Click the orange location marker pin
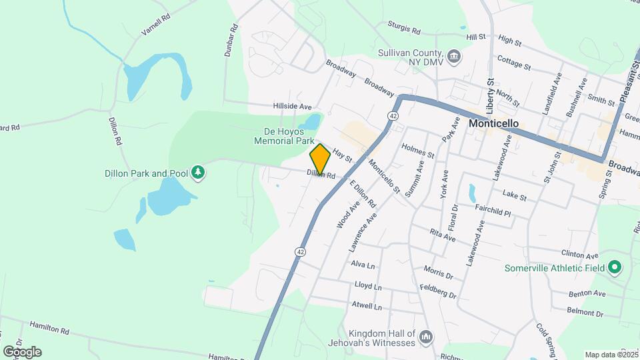coord(320,159)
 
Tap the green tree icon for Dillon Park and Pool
coord(197,173)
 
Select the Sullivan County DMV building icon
coord(454,55)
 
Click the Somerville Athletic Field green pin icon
coord(615,269)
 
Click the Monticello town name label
coord(494,123)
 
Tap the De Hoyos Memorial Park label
coord(283,136)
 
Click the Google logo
coord(22,351)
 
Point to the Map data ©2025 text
coord(611,355)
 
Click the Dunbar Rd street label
coord(231,41)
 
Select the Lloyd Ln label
coord(368,287)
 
